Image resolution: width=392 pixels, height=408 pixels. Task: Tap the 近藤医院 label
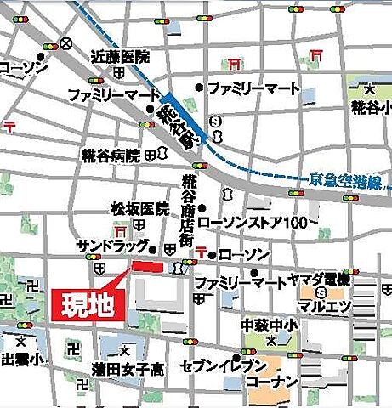pyautogui.click(x=120, y=58)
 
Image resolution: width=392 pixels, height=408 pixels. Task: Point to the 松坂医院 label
pyautogui.click(x=139, y=208)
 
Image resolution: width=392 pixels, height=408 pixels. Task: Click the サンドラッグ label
pyautogui.click(x=111, y=246)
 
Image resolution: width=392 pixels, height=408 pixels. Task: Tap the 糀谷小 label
pyautogui.click(x=370, y=108)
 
